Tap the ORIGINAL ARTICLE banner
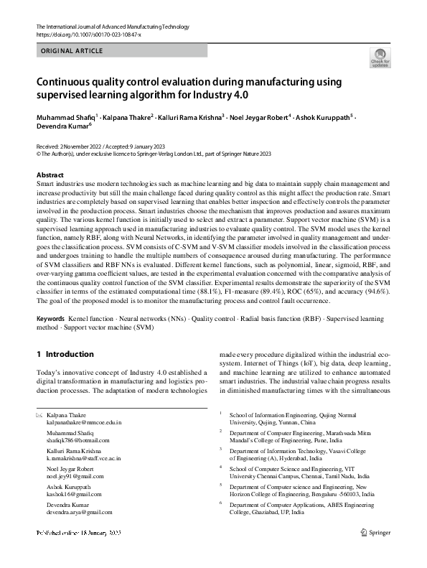point(72,51)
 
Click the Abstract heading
point(50,175)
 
